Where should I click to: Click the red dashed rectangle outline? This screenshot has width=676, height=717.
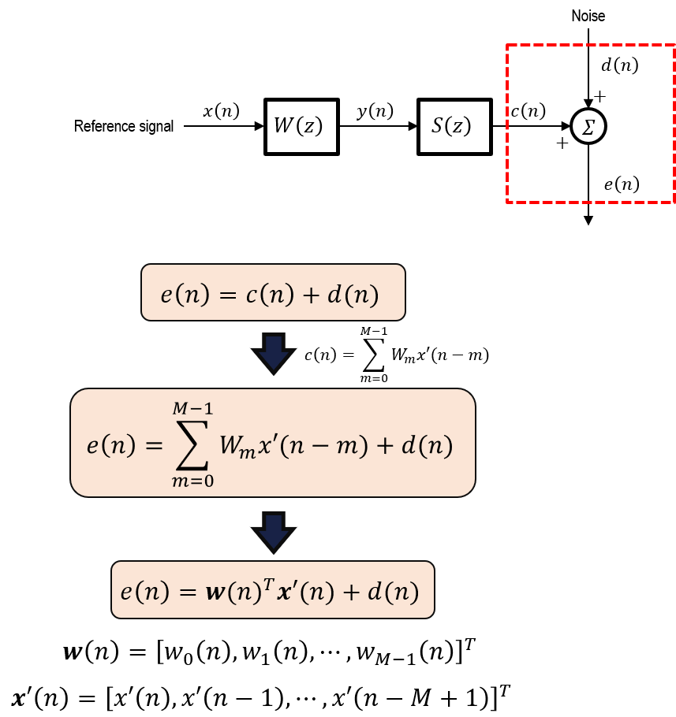507,124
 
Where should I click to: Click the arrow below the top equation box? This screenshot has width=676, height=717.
274,353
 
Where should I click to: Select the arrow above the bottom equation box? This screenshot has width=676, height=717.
274,532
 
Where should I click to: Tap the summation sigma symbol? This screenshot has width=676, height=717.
192,444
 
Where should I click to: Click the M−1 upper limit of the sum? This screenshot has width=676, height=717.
192,409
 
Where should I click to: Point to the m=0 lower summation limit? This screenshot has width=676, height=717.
192,481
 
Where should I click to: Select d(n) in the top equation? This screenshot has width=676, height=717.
353,295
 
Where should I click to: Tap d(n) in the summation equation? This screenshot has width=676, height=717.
427,446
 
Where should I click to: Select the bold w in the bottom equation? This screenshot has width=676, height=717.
215,592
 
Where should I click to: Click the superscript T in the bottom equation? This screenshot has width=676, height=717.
268,584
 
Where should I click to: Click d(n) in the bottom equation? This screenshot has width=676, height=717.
393,592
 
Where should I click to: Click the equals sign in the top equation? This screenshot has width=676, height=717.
227,295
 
